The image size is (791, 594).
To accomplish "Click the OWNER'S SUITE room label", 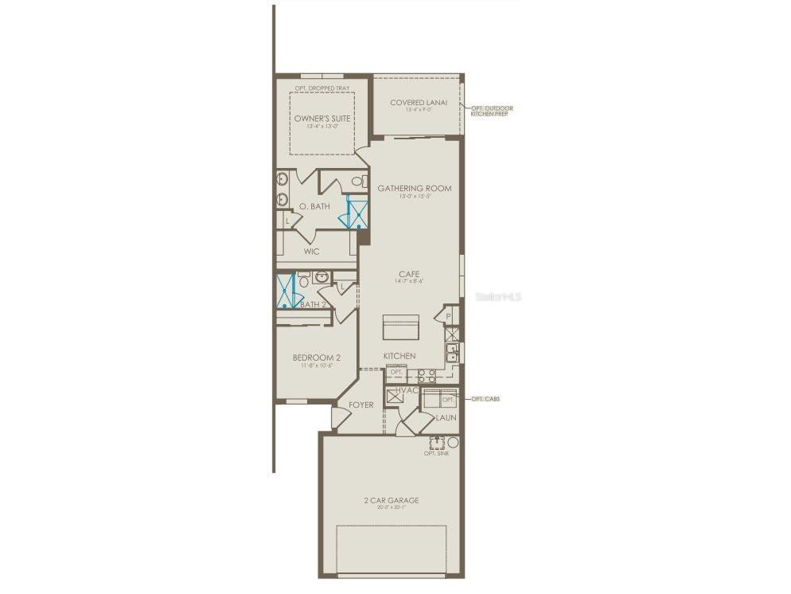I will pos(322,119).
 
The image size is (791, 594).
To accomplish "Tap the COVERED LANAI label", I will pos(419,103).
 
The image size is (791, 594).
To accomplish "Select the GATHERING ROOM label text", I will pos(414,189).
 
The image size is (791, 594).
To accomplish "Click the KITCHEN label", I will pos(399,355).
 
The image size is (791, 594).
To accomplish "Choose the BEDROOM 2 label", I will pos(316,358).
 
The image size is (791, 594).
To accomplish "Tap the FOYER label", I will pos(361,404).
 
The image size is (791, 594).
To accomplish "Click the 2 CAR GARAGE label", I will pos(392,500).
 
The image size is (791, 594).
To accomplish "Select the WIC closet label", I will pos(311,252).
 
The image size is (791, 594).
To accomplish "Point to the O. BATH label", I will pos(314,207).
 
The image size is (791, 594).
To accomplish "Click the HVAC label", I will pos(407,390).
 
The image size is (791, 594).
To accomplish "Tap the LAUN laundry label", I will pos(445,417).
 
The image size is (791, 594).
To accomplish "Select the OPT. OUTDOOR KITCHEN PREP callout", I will pos(492,111).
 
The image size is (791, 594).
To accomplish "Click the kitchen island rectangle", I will pos(400,326).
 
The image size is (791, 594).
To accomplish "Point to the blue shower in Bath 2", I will pos(286,291).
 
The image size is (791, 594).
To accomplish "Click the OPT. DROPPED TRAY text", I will pos(321,88).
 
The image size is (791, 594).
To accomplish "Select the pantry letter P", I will pos(448,316).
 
